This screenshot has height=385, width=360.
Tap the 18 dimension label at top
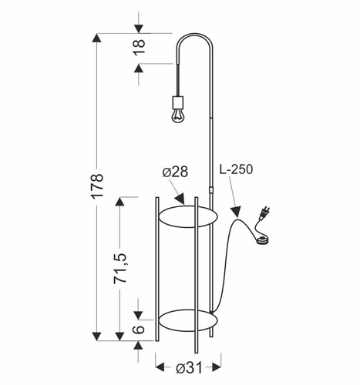click(x=140, y=46)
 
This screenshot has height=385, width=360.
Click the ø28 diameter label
click(x=176, y=172)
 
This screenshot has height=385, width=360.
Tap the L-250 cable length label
click(x=236, y=169)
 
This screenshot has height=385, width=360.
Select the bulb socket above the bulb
click(x=178, y=101)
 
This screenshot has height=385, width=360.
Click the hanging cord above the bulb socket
click(x=177, y=77)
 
